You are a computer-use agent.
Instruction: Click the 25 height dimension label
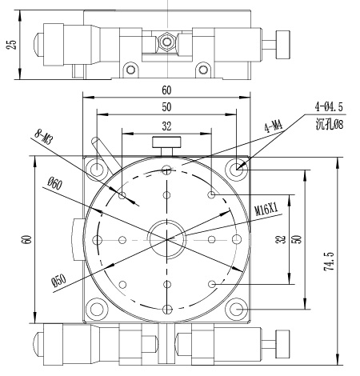(12, 45)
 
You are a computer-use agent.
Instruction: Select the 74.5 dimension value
(330, 262)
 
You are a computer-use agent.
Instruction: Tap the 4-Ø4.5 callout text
(329, 107)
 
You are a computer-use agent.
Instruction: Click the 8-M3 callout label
(42, 137)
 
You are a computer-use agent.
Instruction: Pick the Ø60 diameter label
(54, 183)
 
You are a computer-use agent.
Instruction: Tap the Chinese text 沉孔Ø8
(330, 124)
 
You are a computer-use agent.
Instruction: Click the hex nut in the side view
(167, 42)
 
